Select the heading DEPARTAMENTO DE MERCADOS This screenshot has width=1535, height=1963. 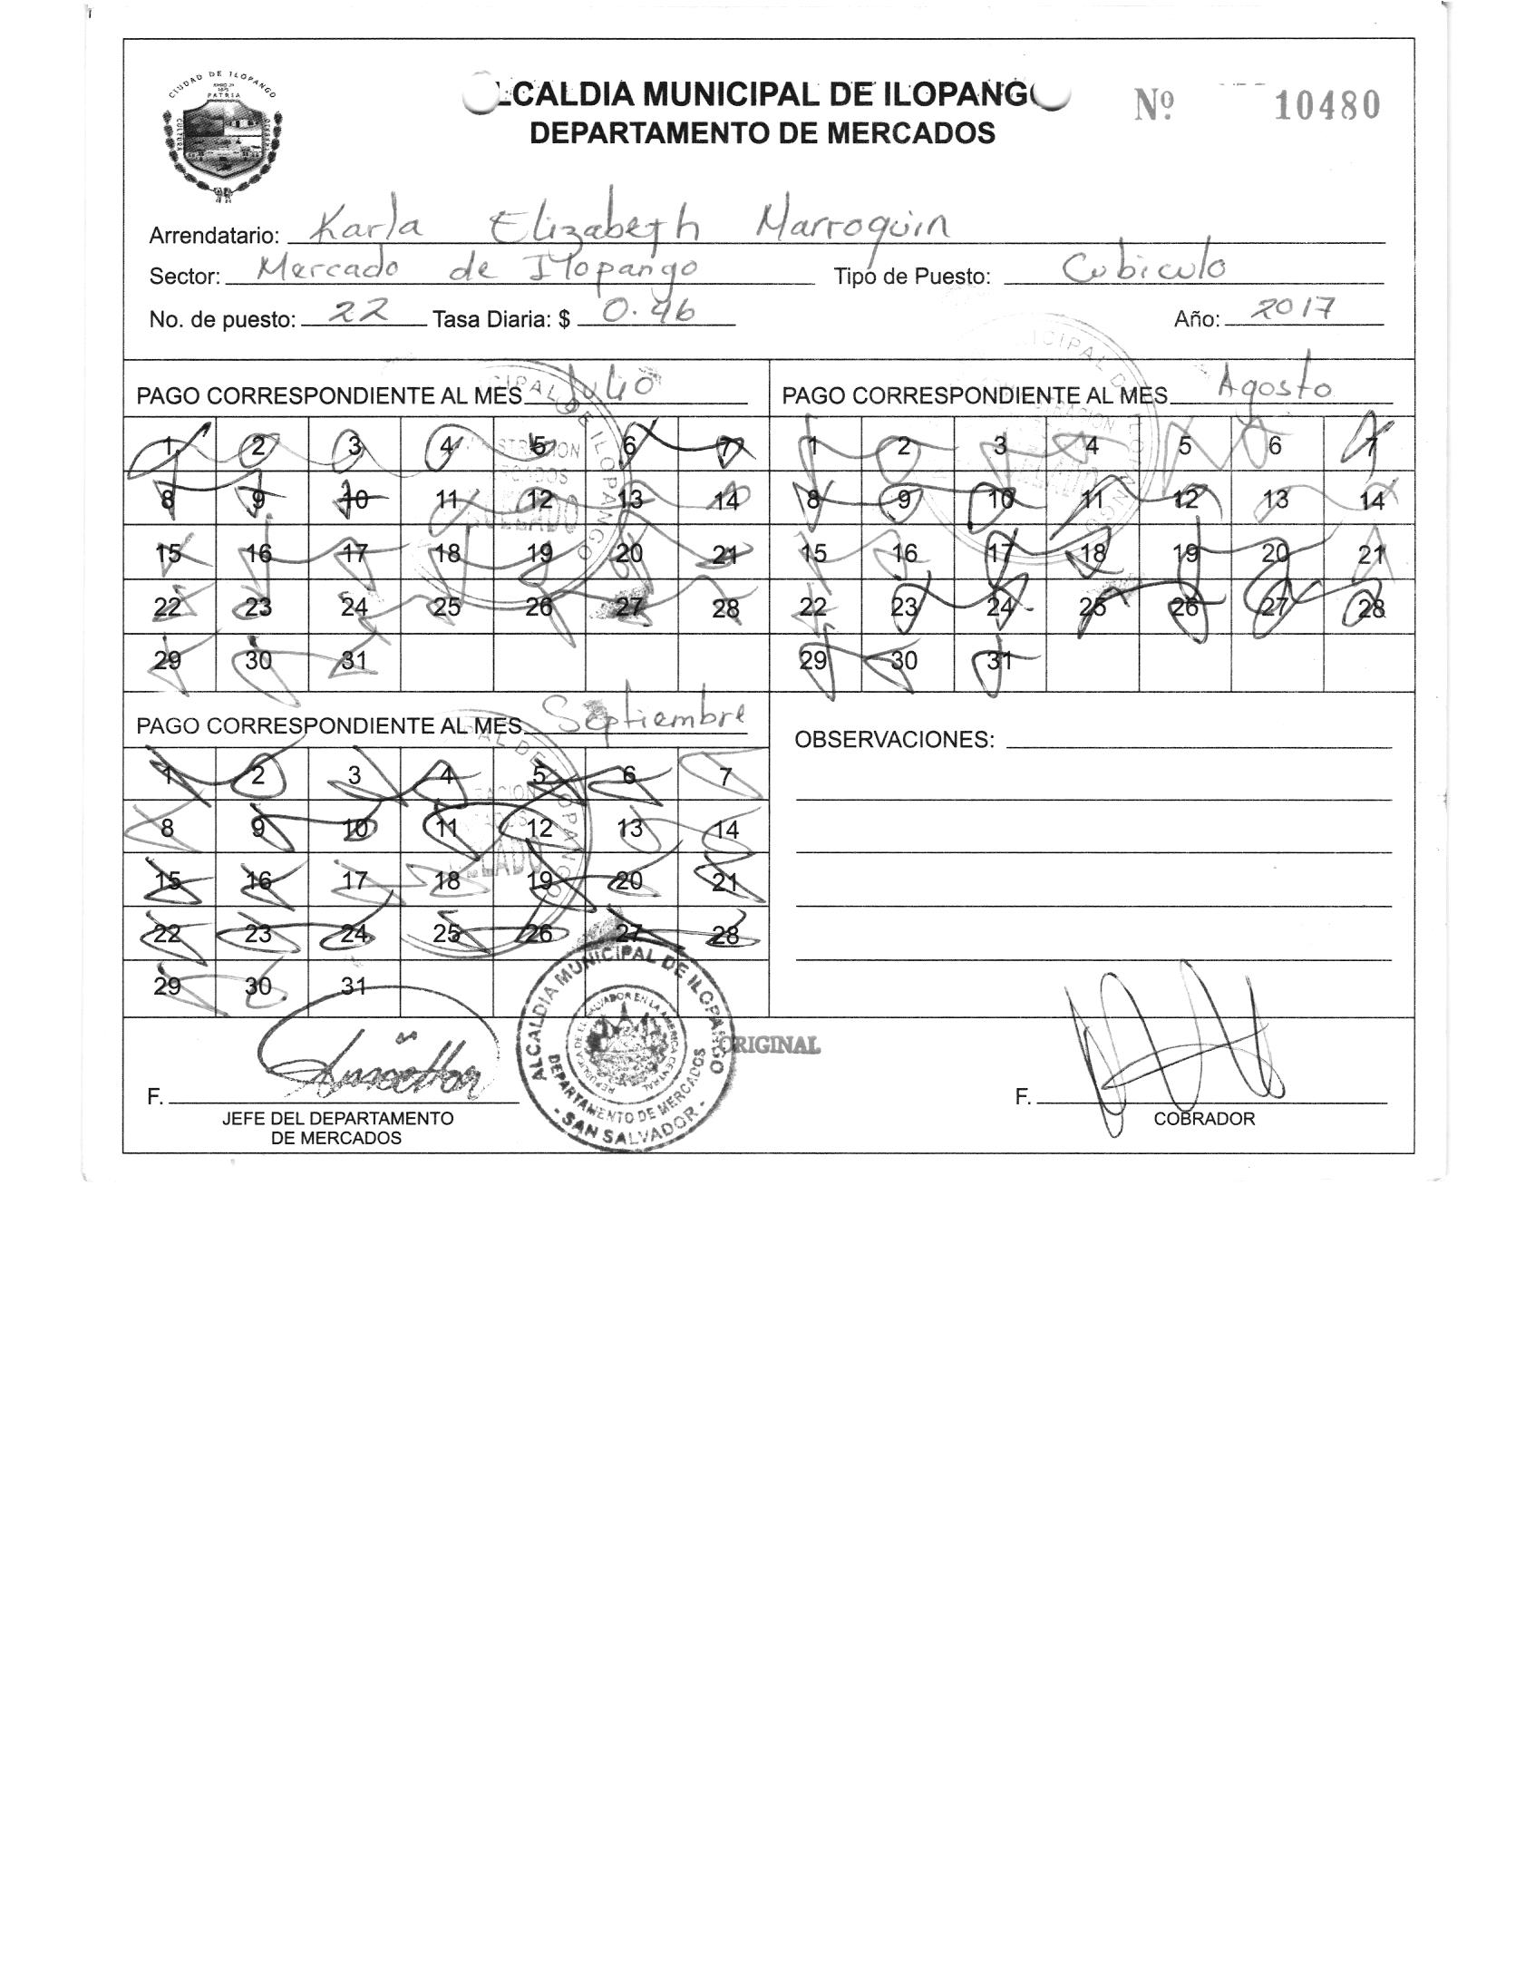coord(762,134)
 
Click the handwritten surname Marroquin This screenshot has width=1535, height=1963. coord(854,222)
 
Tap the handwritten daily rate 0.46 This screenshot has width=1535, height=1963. coord(648,312)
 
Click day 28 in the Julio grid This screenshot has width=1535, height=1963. coord(725,608)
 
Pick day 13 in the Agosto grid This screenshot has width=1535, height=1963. coord(1275,500)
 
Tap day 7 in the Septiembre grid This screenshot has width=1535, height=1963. coord(724,776)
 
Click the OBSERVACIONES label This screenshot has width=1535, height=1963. coord(894,740)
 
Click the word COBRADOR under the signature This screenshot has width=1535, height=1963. coord(1204,1119)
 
